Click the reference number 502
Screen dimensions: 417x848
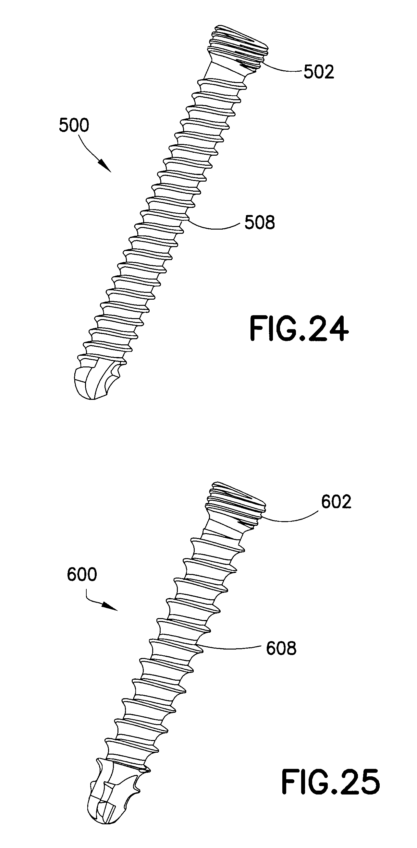tap(319, 72)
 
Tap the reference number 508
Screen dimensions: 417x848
tap(260, 223)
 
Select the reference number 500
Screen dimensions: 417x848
tap(74, 126)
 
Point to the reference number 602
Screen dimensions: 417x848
tap(336, 502)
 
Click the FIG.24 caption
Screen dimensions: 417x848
tap(299, 328)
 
